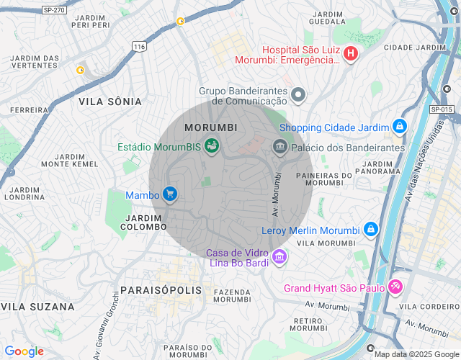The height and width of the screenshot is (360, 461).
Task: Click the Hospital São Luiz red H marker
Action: pyautogui.click(x=350, y=53)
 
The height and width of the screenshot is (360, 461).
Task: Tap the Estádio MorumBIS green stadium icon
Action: pyautogui.click(x=211, y=146)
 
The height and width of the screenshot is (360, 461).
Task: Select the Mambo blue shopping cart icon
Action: pyautogui.click(x=170, y=194)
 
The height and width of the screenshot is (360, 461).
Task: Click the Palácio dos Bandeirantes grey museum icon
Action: pyautogui.click(x=279, y=147)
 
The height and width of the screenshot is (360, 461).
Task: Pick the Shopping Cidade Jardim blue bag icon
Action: pyautogui.click(x=400, y=127)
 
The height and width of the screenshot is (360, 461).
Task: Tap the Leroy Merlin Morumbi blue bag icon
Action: pyautogui.click(x=370, y=230)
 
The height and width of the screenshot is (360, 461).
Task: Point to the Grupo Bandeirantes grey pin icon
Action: pyautogui.click(x=298, y=95)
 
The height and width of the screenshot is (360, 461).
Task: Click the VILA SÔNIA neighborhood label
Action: pyautogui.click(x=110, y=102)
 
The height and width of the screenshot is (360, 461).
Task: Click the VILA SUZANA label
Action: pyautogui.click(x=37, y=307)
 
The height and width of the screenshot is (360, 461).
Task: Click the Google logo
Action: pyautogui.click(x=24, y=351)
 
